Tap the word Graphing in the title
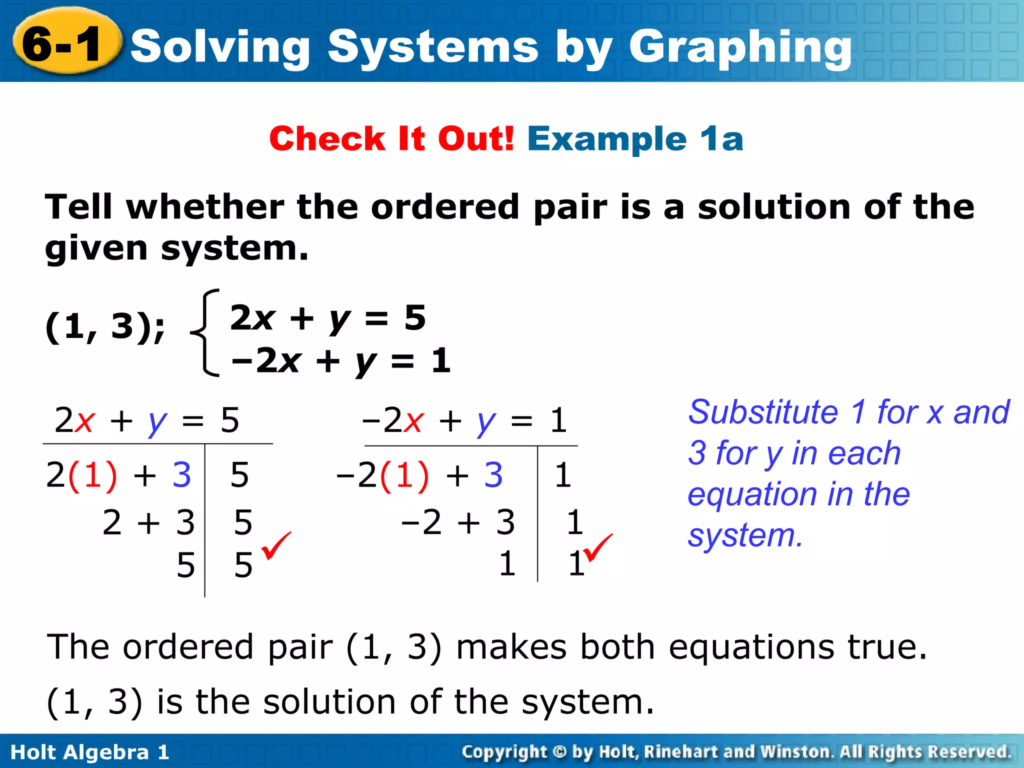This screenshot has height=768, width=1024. point(740,47)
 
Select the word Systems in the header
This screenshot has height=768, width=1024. point(433,47)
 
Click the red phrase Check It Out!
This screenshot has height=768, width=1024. point(391,138)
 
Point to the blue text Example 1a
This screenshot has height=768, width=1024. point(635,138)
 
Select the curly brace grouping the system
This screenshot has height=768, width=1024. point(205,332)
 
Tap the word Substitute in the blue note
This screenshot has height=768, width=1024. point(763,412)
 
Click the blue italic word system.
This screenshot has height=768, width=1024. point(745,535)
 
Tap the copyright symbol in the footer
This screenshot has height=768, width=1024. point(559,752)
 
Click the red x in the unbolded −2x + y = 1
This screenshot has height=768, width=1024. point(414,421)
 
